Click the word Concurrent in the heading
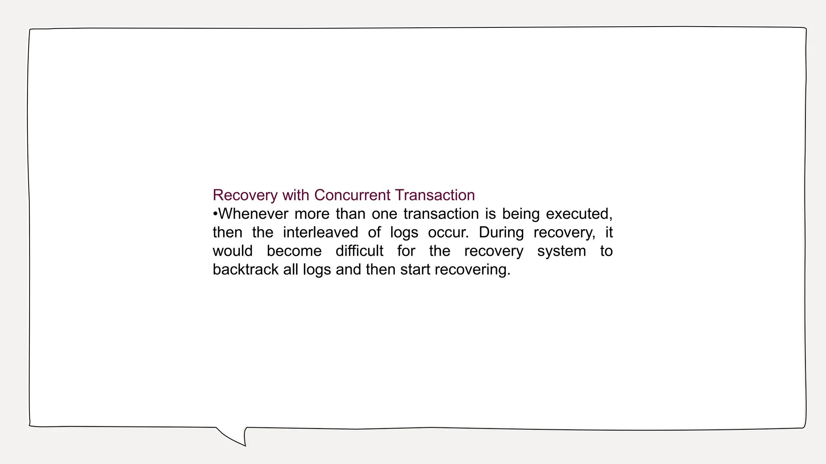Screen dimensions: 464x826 [x=352, y=195]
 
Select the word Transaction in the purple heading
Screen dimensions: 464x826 [x=435, y=195]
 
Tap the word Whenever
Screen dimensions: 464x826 [x=253, y=213]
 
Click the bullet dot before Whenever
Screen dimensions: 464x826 [x=215, y=214]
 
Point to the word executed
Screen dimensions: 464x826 [x=579, y=214]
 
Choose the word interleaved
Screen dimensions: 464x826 [x=320, y=232]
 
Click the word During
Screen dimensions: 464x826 [x=501, y=232]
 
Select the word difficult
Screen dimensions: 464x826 [x=359, y=251]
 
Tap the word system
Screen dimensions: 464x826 [x=561, y=251]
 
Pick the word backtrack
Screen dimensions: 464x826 [x=246, y=269]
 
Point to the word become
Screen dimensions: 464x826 [x=294, y=251]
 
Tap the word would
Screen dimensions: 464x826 [x=232, y=251]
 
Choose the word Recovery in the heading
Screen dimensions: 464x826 [x=245, y=195]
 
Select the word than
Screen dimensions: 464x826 [x=350, y=213]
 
